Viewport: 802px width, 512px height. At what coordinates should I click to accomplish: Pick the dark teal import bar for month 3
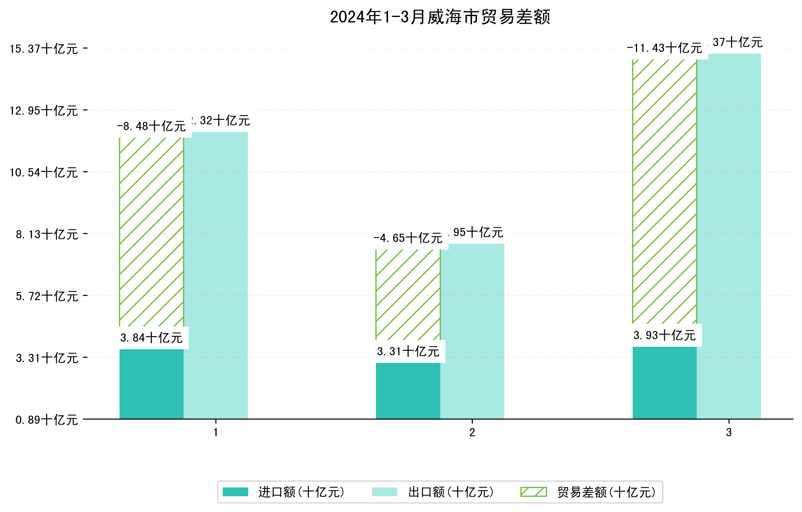tap(665, 383)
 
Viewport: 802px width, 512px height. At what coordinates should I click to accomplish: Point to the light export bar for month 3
tap(729, 236)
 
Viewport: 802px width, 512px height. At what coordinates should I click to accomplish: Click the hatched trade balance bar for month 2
tap(408, 295)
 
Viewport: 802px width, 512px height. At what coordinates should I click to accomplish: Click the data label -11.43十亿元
tap(665, 48)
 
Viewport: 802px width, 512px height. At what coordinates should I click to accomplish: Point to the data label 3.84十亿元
tap(151, 338)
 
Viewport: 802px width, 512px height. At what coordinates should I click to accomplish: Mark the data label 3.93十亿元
tap(665, 335)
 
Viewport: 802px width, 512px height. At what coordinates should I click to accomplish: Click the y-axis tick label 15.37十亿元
tap(44, 49)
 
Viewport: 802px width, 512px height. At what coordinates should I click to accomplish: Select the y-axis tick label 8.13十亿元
tap(47, 234)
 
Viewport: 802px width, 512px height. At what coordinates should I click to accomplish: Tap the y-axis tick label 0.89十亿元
tap(47, 420)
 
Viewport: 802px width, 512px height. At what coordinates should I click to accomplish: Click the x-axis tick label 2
tap(472, 433)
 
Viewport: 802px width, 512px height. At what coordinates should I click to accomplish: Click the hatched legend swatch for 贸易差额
tap(533, 492)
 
